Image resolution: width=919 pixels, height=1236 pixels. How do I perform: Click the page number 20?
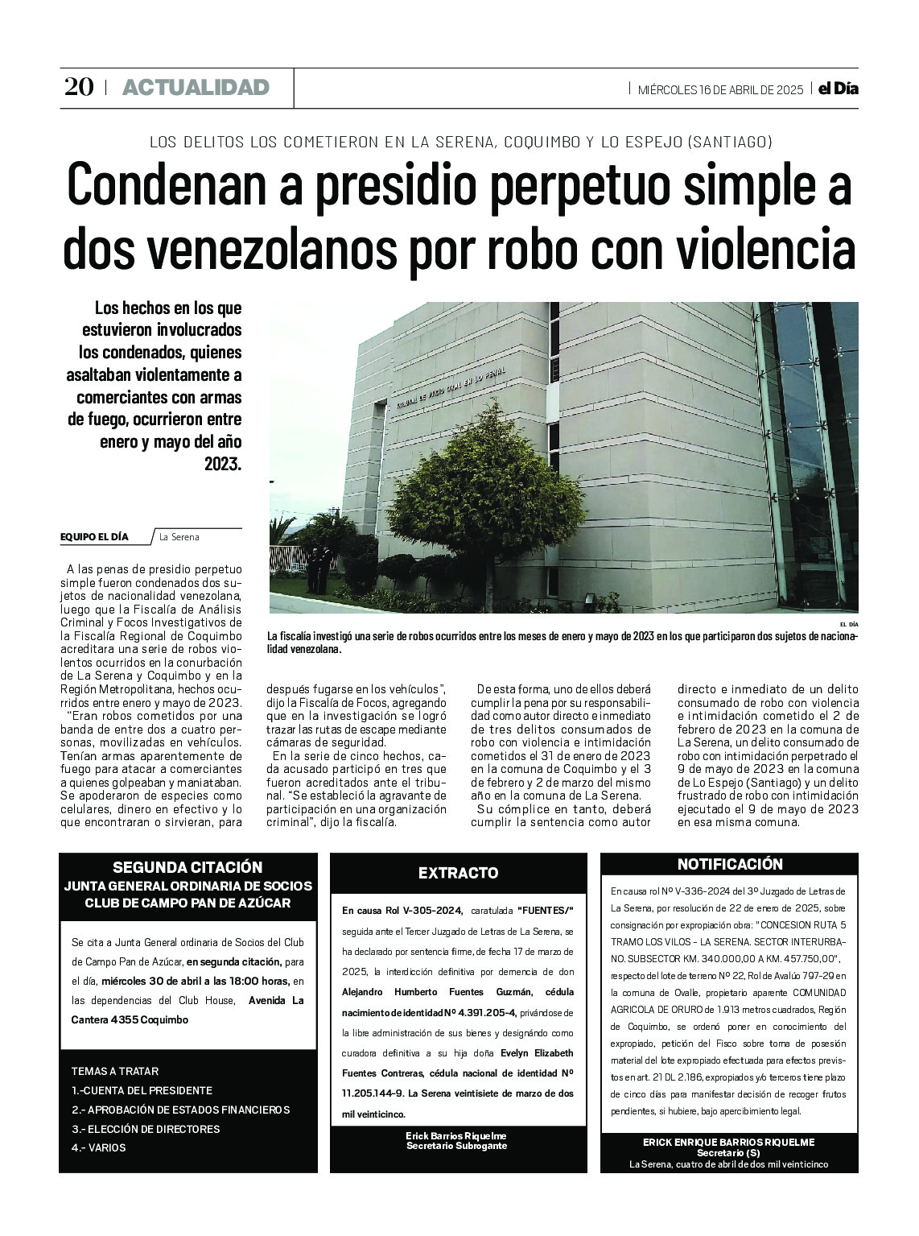pos(78,87)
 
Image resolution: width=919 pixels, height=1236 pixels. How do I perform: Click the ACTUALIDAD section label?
pos(196,88)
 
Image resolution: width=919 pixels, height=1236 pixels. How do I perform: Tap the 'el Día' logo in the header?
pos(838,89)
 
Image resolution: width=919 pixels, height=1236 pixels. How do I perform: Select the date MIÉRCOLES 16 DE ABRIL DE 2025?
pos(720,89)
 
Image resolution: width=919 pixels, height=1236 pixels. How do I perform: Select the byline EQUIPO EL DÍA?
pos(94,537)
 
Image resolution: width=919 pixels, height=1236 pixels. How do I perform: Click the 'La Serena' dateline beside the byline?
pos(179,537)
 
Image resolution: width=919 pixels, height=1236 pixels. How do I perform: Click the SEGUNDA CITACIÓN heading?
pos(188,867)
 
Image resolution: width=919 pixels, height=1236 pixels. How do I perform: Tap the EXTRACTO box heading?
pos(458,873)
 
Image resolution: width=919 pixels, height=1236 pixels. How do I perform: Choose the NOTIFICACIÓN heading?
pos(729,864)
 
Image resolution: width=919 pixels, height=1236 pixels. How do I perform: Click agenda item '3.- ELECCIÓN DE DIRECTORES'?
pos(145,1129)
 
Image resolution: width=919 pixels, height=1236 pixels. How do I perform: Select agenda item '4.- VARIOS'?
pos(99,1147)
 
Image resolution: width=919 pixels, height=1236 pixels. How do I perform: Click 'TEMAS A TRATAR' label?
pos(115,1071)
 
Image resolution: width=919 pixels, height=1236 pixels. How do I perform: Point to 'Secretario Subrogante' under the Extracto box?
pos(456,1145)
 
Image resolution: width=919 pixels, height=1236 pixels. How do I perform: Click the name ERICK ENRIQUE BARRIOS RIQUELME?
pos(728,1142)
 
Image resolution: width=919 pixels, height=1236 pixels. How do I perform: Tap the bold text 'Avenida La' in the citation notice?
pos(276,1001)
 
